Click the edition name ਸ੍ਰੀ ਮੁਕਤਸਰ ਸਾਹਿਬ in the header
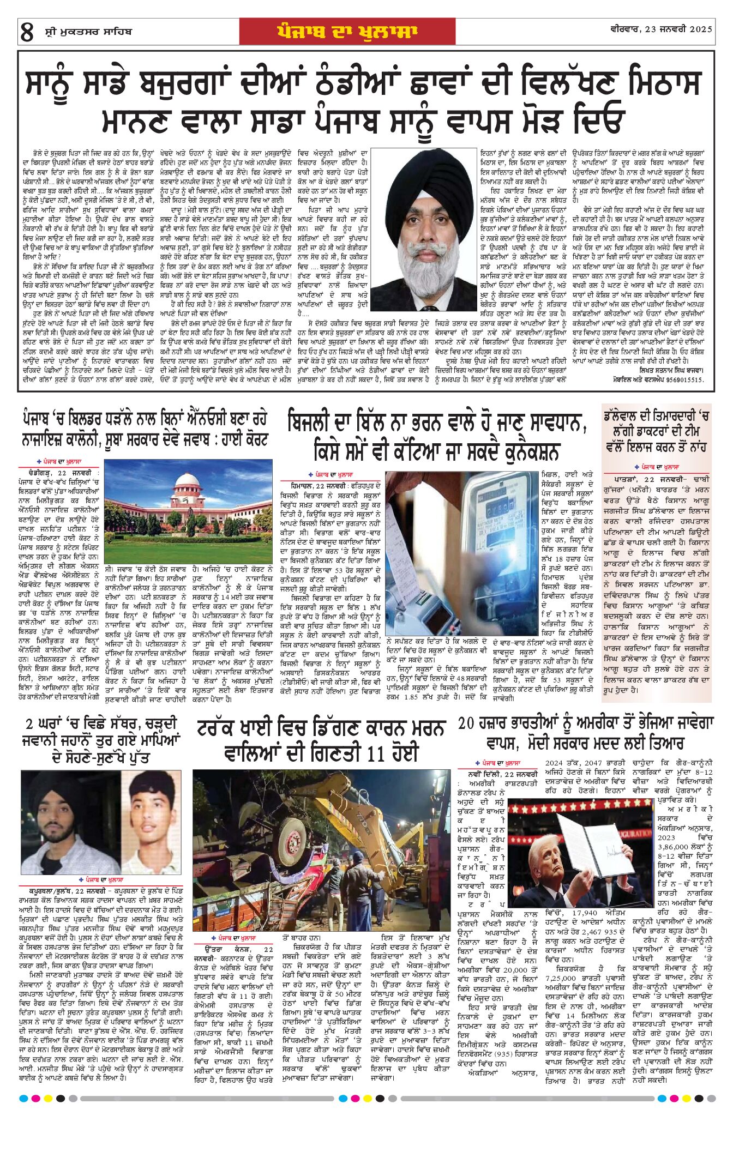pyautogui.click(x=88, y=32)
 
